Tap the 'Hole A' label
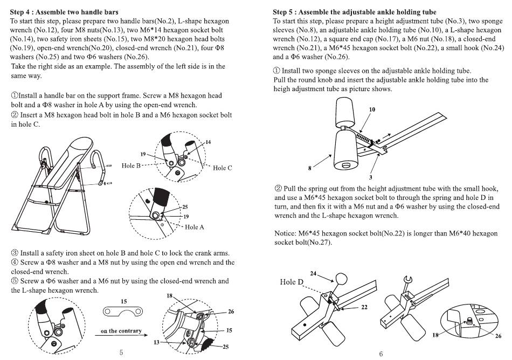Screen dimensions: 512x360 click(x=194, y=227)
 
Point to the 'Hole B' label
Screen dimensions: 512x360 click(x=131, y=165)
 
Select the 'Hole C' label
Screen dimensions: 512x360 click(x=223, y=168)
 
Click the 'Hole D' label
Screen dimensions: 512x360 click(x=292, y=282)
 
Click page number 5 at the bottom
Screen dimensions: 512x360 click(x=121, y=352)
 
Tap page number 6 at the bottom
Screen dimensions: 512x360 click(x=380, y=354)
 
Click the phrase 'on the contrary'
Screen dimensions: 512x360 click(x=121, y=331)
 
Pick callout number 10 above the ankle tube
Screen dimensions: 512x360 click(x=372, y=109)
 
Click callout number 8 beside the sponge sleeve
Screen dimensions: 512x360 click(x=309, y=169)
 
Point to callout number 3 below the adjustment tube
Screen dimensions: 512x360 click(x=371, y=177)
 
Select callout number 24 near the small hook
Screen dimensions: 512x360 click(x=313, y=274)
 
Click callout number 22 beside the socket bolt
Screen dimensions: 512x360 click(x=364, y=307)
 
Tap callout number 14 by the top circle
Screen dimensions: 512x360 click(x=208, y=142)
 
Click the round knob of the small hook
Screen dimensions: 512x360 click(x=341, y=279)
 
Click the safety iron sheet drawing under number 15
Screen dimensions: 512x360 click(x=123, y=311)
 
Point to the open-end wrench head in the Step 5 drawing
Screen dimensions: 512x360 click(x=408, y=280)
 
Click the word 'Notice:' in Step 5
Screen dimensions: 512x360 click(x=285, y=233)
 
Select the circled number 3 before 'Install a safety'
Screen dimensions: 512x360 click(x=15, y=253)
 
